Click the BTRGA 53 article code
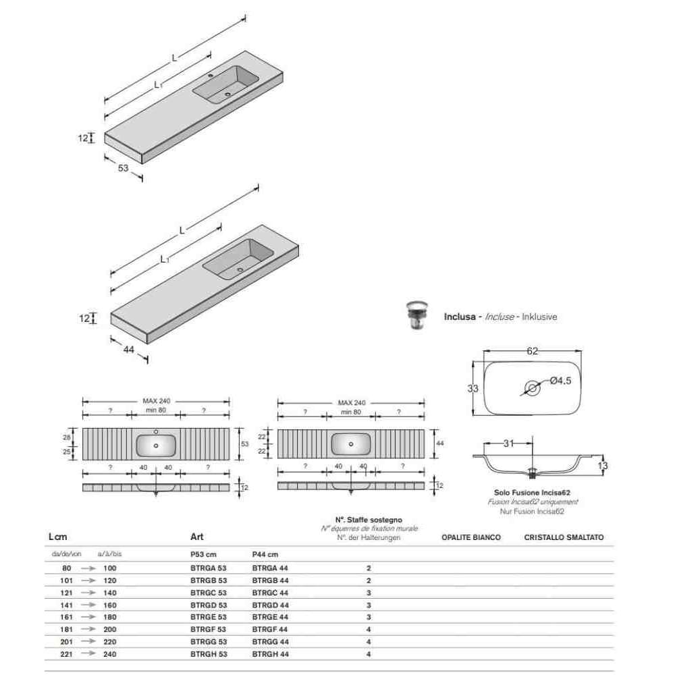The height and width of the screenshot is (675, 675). pyautogui.click(x=209, y=568)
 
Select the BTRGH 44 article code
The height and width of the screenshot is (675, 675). pyautogui.click(x=271, y=654)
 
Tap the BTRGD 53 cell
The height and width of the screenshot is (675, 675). pyautogui.click(x=209, y=605)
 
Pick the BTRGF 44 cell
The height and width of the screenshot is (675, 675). pyautogui.click(x=270, y=629)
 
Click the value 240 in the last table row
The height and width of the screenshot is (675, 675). pyautogui.click(x=110, y=654)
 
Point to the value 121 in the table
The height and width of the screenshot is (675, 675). pyautogui.click(x=66, y=593)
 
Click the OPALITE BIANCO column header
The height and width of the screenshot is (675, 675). pyautogui.click(x=471, y=537)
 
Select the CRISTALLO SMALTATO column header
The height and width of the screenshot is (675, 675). pyautogui.click(x=564, y=537)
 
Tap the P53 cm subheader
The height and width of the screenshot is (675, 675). pyautogui.click(x=203, y=554)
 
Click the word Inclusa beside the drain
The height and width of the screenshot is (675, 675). pyautogui.click(x=460, y=317)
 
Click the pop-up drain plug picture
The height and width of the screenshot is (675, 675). pyautogui.click(x=416, y=315)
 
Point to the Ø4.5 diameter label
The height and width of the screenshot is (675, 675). pyautogui.click(x=560, y=381)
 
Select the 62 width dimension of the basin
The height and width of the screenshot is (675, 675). pyautogui.click(x=533, y=351)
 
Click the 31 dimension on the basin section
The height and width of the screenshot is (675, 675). pyautogui.click(x=508, y=443)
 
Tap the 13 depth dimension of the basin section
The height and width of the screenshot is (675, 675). pyautogui.click(x=603, y=466)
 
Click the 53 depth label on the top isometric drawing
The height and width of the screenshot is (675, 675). pyautogui.click(x=123, y=168)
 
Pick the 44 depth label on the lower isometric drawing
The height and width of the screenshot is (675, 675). pyautogui.click(x=129, y=350)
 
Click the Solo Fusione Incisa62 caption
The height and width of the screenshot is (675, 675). pyautogui.click(x=532, y=493)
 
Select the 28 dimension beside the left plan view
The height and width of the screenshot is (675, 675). pyautogui.click(x=67, y=437)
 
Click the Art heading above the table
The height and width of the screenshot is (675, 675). pyautogui.click(x=196, y=537)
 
